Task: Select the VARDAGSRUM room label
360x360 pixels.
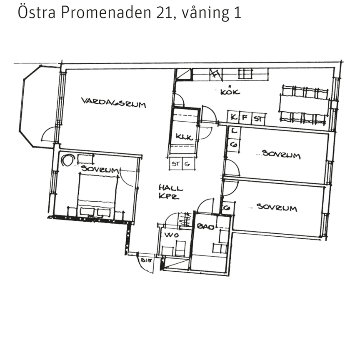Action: pos(113,102)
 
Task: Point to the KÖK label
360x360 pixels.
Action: pos(230,92)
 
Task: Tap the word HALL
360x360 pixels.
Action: pos(170,188)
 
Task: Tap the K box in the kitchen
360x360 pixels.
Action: pos(233,118)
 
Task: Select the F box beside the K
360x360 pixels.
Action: pos(245,118)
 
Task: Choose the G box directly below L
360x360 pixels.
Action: pos(234,145)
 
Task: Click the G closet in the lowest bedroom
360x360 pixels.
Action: pos(227,207)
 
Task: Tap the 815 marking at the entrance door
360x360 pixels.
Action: pos(145,261)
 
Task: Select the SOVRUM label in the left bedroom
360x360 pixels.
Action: pos(100,170)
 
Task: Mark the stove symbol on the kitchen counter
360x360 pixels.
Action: pos(245,74)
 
